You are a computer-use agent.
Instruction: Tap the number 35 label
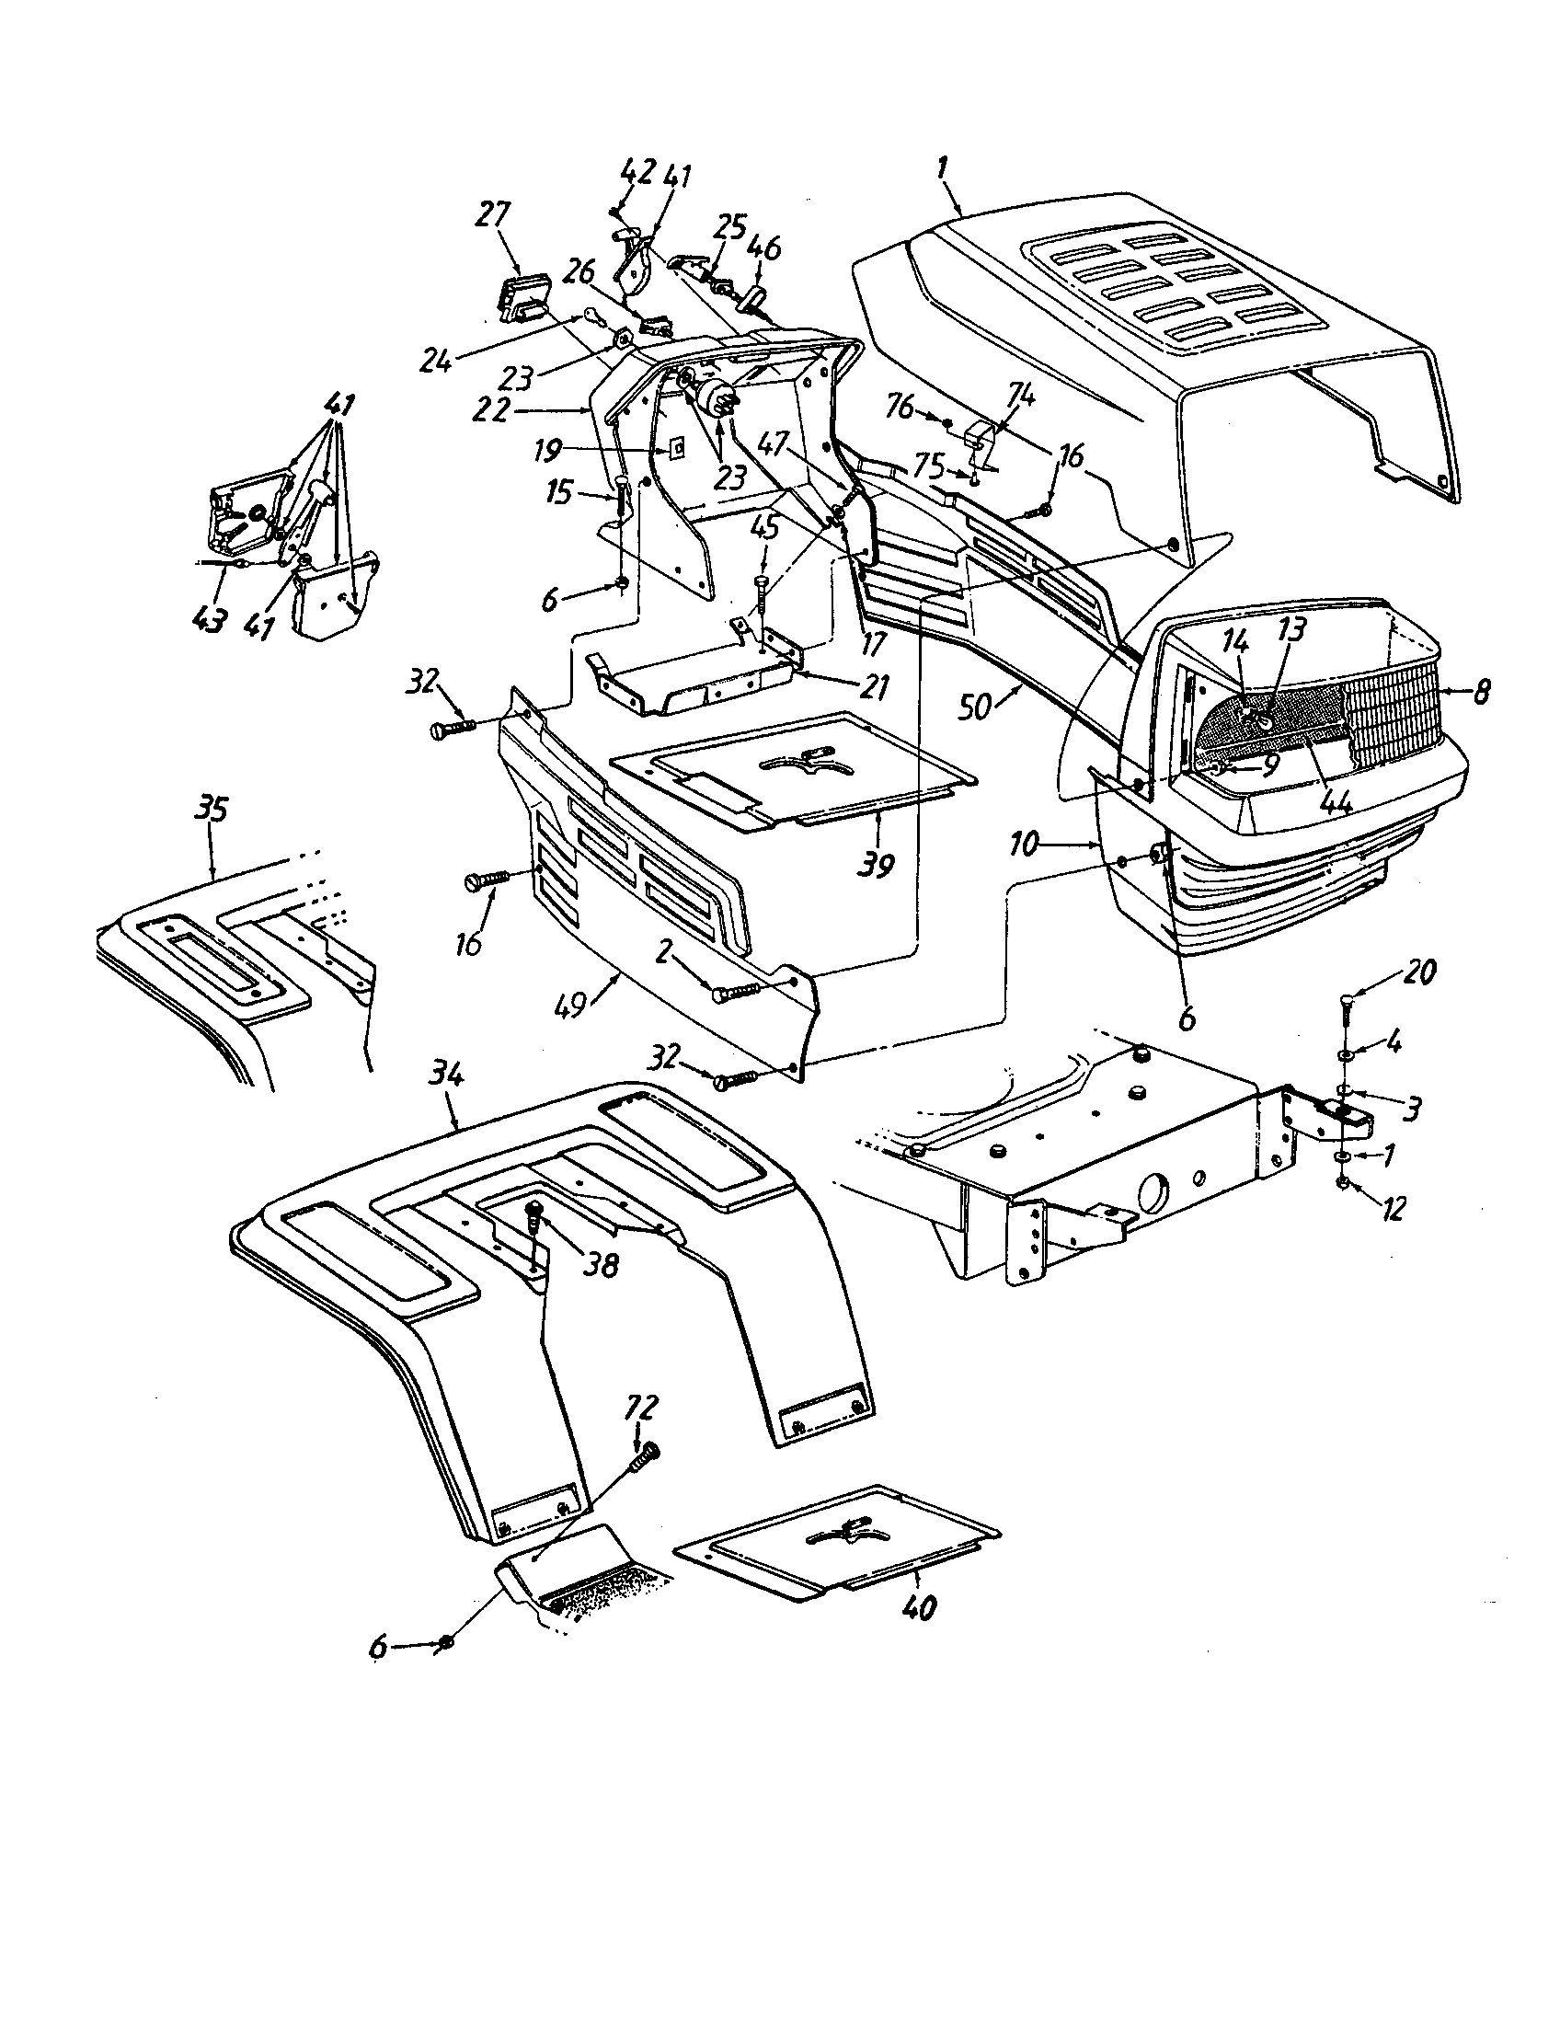[x=211, y=810]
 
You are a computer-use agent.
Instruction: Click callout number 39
[x=876, y=866]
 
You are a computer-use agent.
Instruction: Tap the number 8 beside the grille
[x=1480, y=692]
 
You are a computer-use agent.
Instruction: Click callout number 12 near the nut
[x=1393, y=1208]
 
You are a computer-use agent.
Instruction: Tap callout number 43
[x=212, y=619]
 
